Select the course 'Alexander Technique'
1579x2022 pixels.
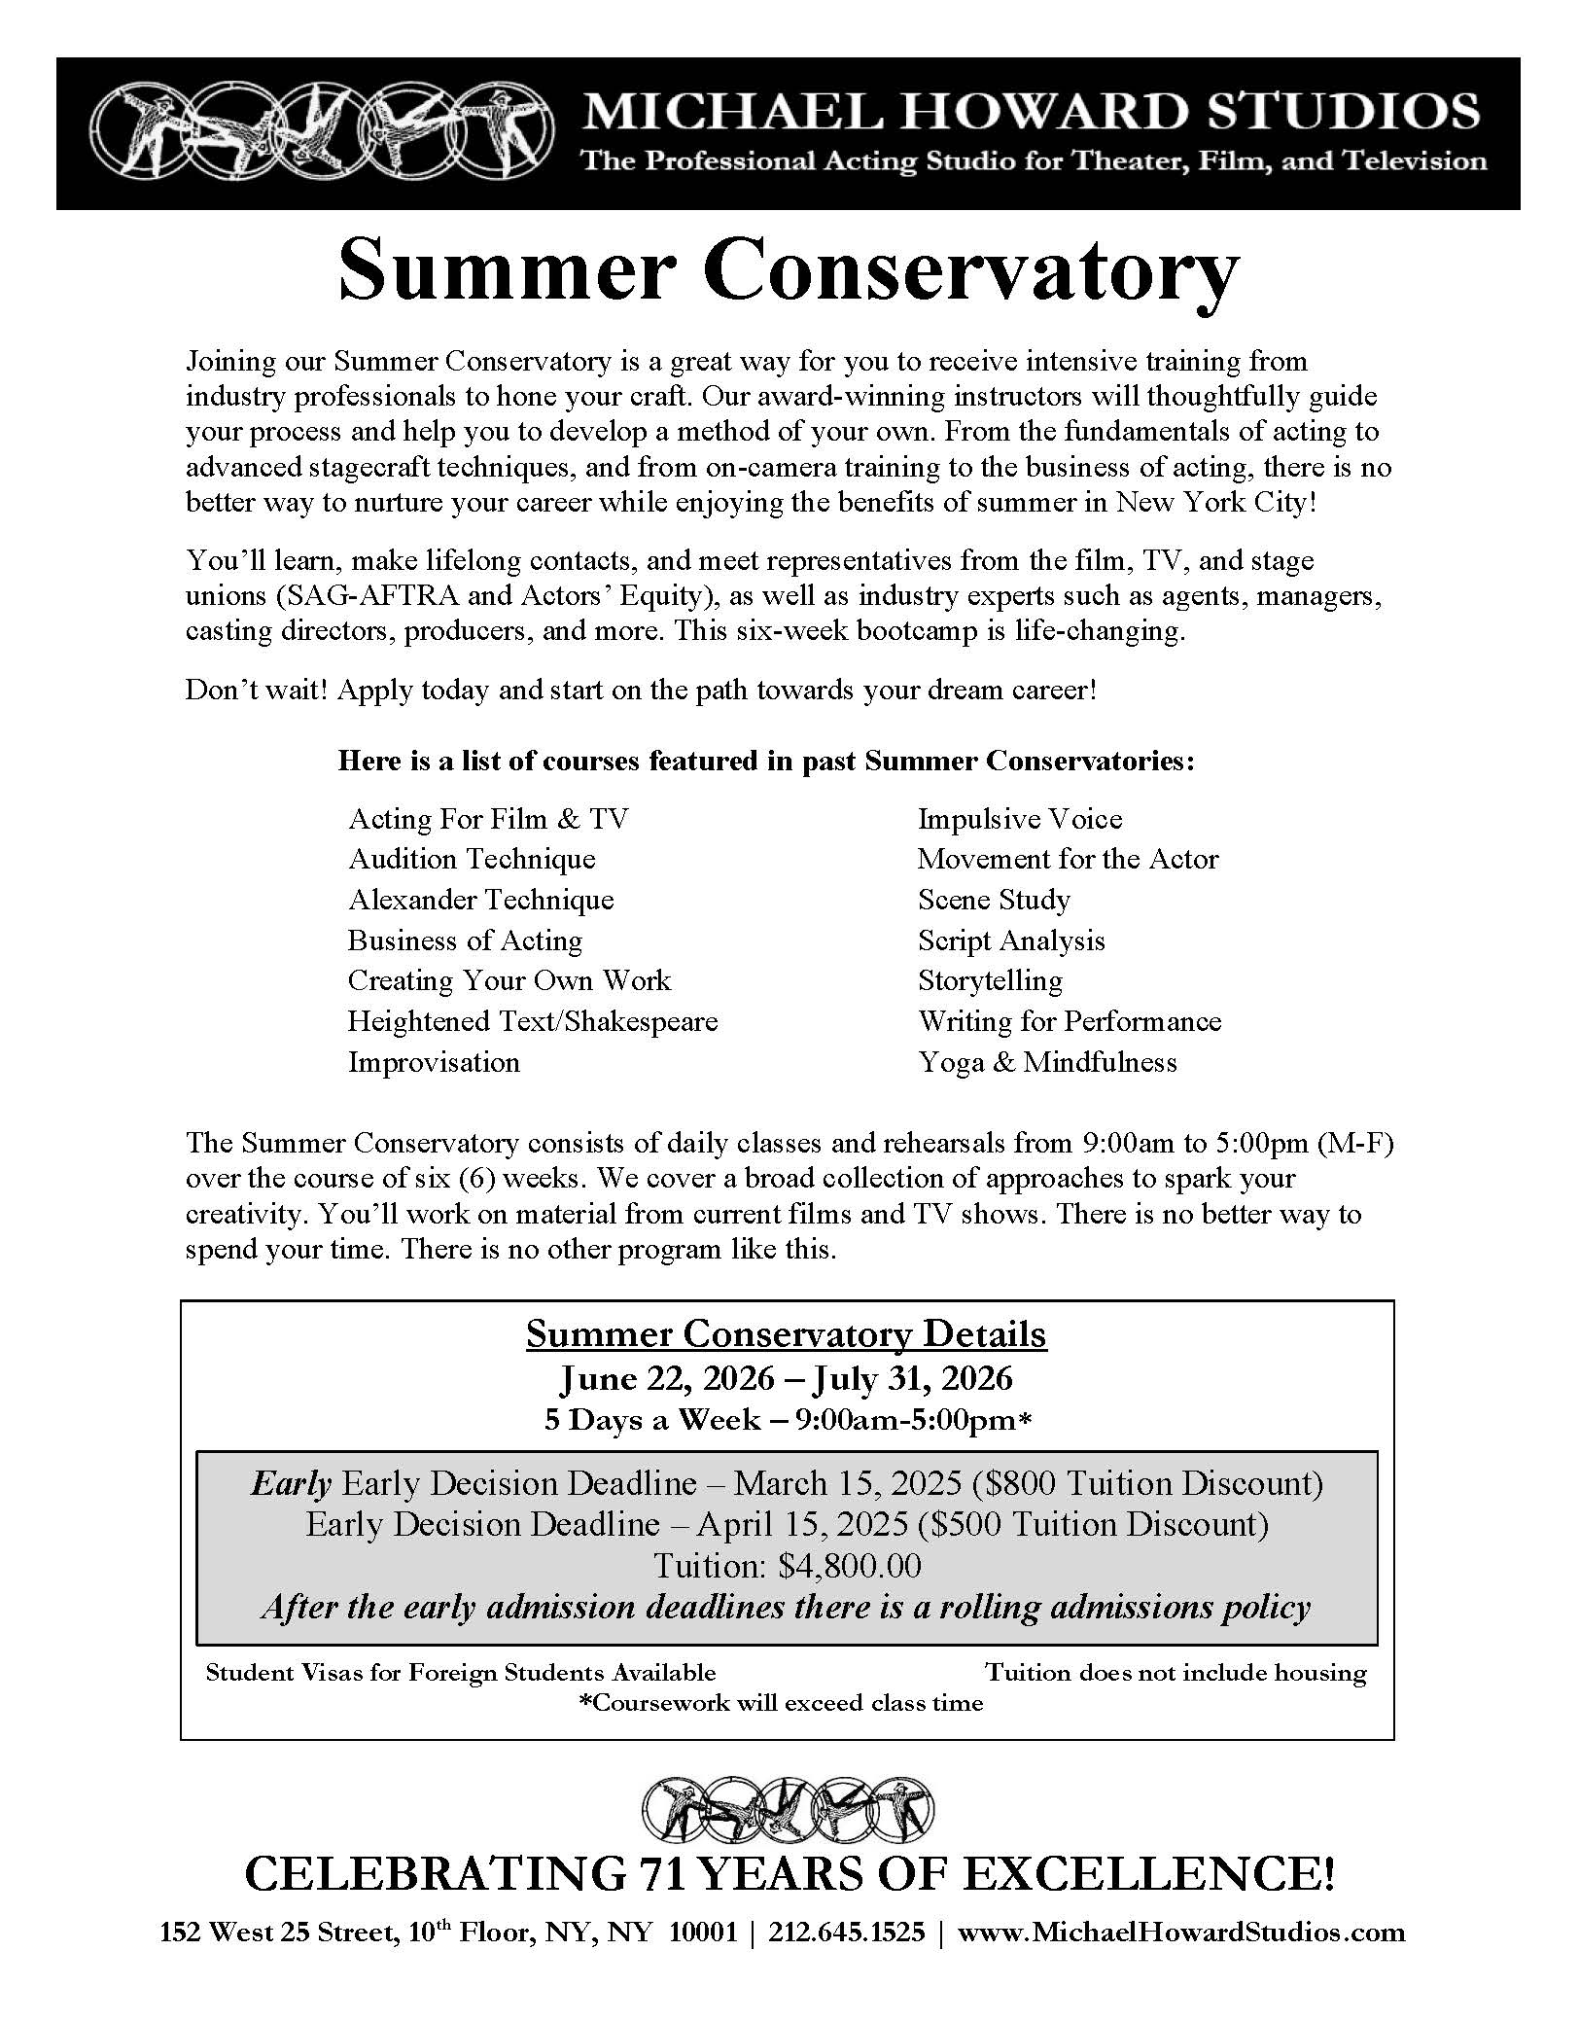(481, 900)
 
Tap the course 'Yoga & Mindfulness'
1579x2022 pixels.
(1047, 1062)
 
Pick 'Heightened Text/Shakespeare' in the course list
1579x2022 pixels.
(533, 1021)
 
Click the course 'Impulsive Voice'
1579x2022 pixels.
(1020, 819)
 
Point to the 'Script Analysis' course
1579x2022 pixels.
(1011, 940)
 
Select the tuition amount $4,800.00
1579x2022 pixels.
(850, 1566)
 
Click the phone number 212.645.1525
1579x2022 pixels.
(847, 1933)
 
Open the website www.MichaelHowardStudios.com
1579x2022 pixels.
(1181, 1933)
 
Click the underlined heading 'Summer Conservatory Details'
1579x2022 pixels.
(787, 1333)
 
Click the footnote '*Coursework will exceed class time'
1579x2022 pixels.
(781, 1703)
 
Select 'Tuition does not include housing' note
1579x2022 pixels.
(1175, 1673)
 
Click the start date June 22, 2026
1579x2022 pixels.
(667, 1378)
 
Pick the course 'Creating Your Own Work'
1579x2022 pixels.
(509, 980)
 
